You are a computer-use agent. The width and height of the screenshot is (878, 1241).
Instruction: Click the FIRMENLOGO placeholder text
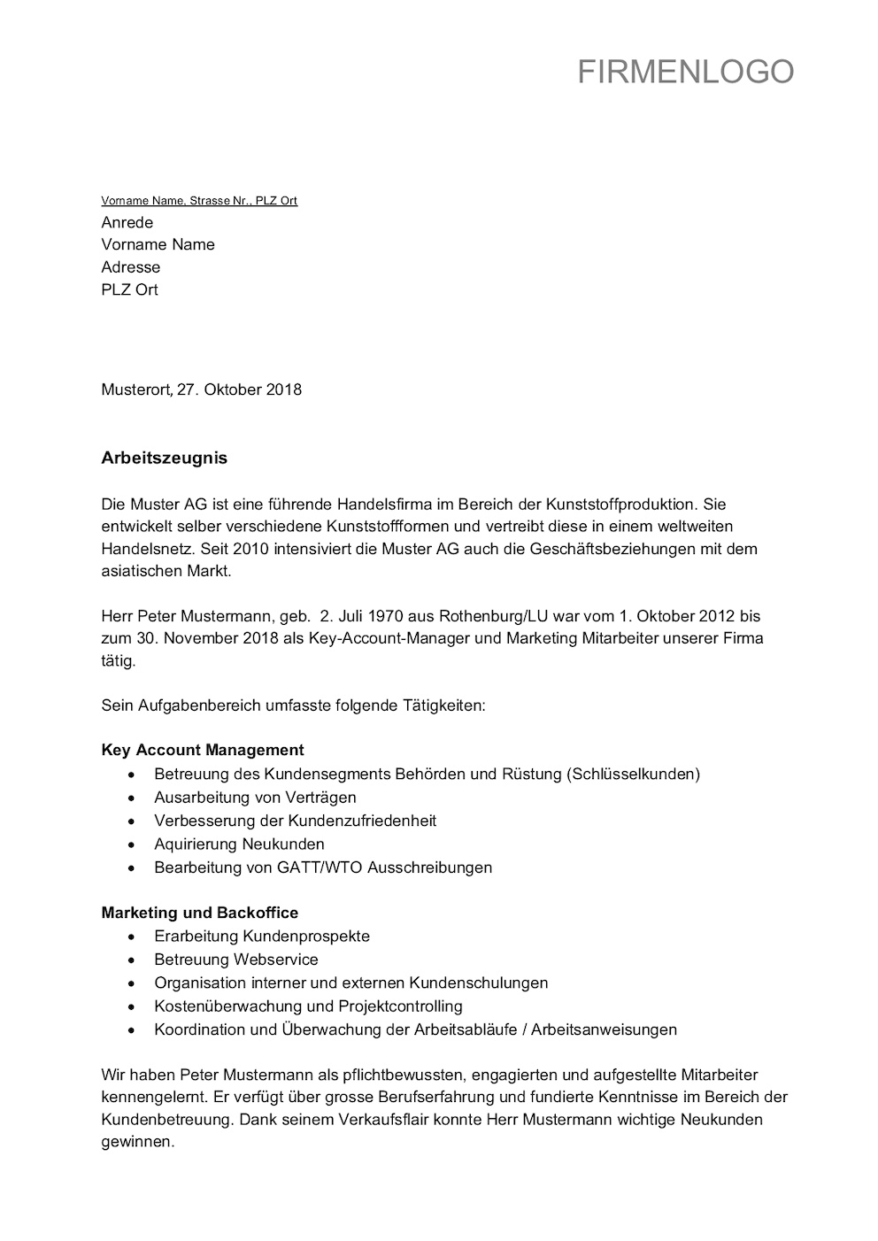tap(685, 72)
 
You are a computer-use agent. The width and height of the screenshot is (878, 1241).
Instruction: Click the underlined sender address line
tap(199, 201)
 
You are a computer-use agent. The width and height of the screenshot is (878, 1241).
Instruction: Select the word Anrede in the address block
tap(127, 222)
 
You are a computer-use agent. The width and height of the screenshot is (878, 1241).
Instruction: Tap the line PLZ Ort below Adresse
tap(129, 289)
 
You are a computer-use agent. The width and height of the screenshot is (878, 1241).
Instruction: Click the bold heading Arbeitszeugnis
tap(164, 458)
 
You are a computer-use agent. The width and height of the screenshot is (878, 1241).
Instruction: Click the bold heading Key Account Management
tap(203, 751)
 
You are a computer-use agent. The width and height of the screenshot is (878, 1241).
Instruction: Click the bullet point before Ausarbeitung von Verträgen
tap(132, 798)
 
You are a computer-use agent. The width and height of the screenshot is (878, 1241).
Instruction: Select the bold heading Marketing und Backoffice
tap(199, 913)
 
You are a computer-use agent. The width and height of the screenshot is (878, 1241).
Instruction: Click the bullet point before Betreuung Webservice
tap(132, 960)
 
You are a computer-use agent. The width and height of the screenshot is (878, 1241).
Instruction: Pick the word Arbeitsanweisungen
tap(604, 1029)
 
